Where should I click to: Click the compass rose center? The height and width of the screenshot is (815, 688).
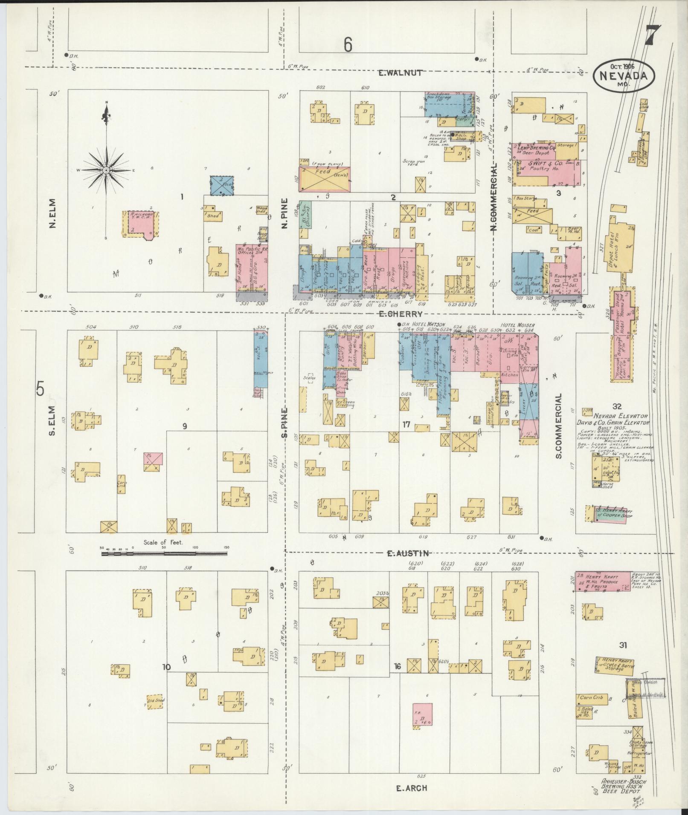[106, 170]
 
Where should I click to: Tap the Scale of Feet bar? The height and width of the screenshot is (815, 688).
[164, 554]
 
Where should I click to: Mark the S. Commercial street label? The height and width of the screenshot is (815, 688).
[559, 426]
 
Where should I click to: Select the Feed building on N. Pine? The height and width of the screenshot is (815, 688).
[325, 179]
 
